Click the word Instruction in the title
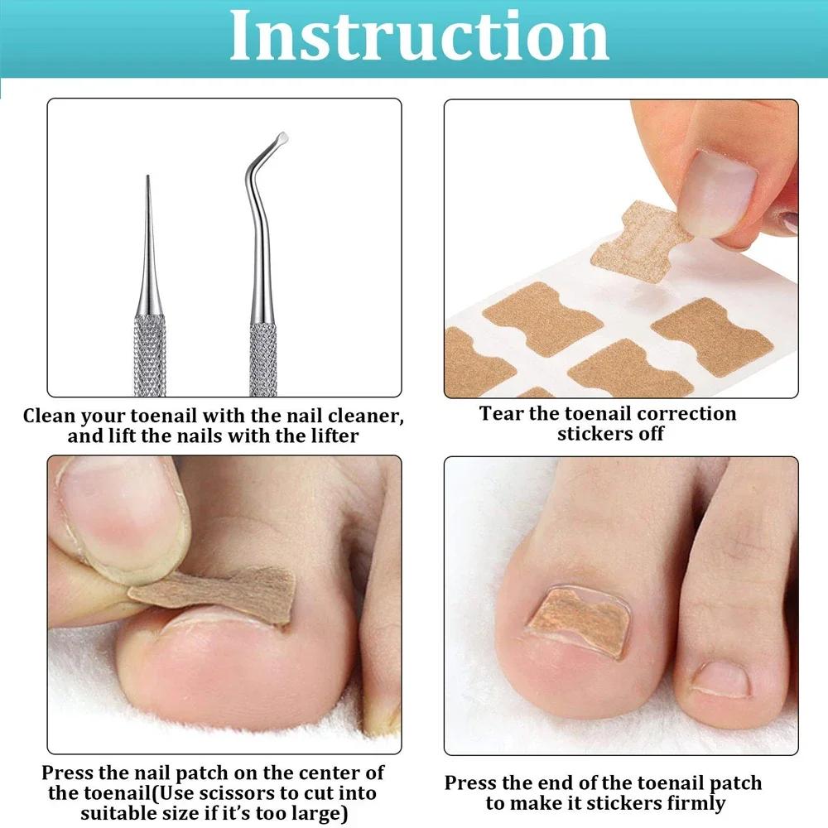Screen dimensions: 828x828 (x=418, y=36)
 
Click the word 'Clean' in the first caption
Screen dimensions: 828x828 (x=54, y=416)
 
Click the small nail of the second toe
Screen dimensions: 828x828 (x=720, y=680)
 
